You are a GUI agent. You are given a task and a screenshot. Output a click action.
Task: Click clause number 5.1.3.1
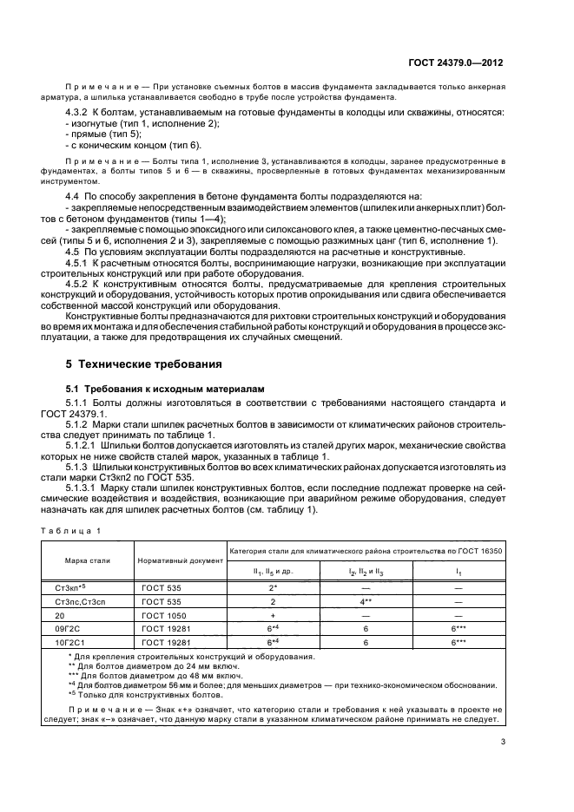(x=83, y=488)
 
